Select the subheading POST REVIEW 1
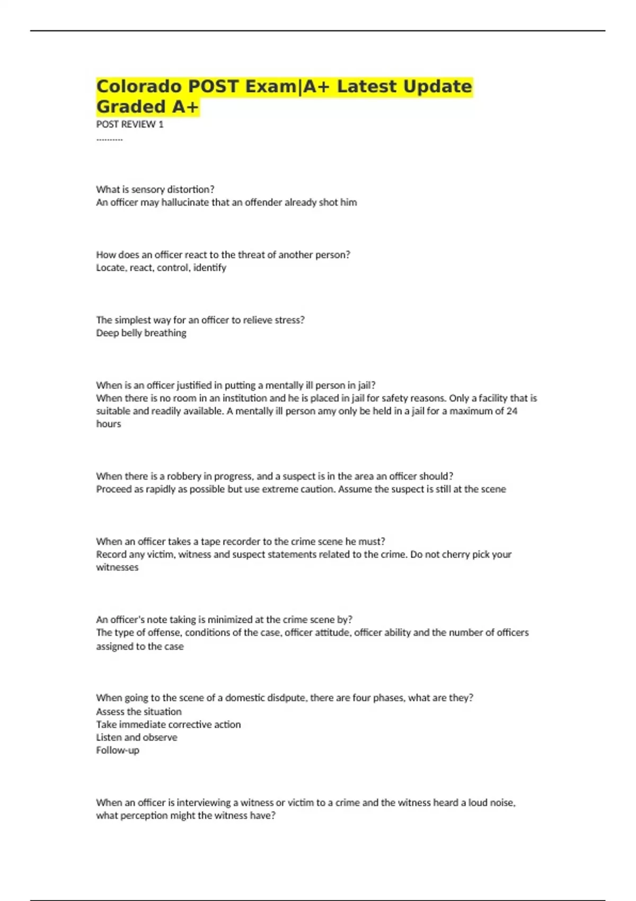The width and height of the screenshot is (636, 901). click(130, 125)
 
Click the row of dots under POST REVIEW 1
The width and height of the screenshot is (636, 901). click(109, 139)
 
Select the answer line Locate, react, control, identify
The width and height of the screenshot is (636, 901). click(161, 268)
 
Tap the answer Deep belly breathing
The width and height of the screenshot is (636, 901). click(141, 333)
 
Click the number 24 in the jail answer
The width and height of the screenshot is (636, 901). click(511, 411)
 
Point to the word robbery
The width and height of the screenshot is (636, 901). click(185, 476)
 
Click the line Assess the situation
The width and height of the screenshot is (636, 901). click(139, 711)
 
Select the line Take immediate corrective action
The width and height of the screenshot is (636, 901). click(168, 725)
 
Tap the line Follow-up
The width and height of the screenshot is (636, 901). click(118, 750)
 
